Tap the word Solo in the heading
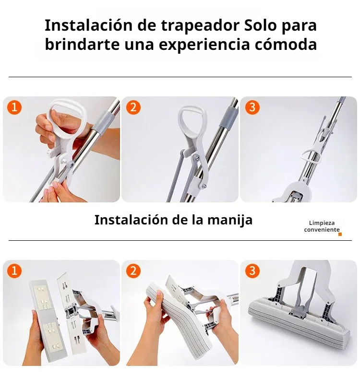(260, 25)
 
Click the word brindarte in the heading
(82, 44)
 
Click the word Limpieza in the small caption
(322, 223)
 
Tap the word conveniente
(322, 230)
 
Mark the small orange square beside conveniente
(340, 234)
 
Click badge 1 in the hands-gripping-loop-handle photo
(14, 107)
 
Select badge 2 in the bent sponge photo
(133, 270)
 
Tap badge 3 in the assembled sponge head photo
(252, 270)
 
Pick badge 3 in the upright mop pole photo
(252, 107)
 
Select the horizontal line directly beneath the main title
(180, 77)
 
